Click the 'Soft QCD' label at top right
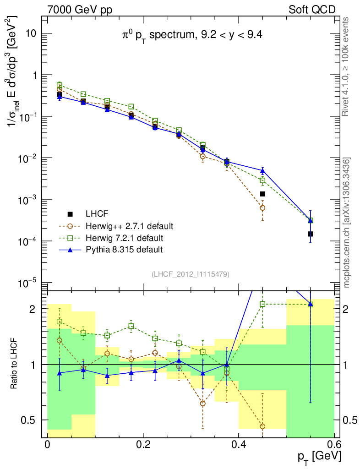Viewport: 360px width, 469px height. [312, 9]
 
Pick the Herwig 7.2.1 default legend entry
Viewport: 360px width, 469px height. [124, 238]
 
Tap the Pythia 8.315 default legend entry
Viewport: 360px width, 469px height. [124, 250]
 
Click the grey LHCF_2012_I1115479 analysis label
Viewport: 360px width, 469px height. [191, 274]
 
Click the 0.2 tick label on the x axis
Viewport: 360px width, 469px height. [143, 444]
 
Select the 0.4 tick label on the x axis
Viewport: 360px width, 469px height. [238, 444]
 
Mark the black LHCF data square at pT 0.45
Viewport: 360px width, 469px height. [262, 194]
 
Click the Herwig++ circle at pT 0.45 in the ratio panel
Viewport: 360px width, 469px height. [262, 426]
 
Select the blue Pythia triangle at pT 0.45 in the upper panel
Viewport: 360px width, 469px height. [262, 171]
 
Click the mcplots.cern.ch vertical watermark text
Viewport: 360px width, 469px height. [347, 222]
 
